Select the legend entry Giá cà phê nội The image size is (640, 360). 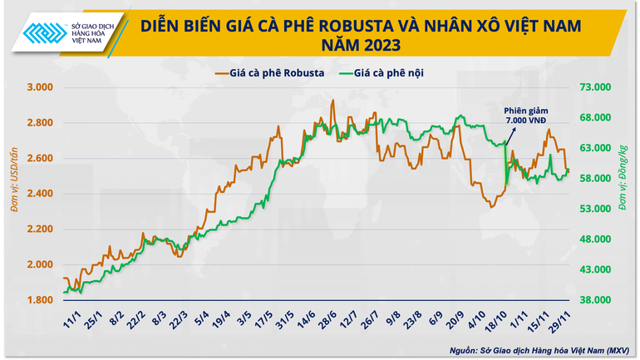(393, 72)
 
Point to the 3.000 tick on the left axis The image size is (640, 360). (40, 87)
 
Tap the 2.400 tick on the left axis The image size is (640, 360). (40, 194)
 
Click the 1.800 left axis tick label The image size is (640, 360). (40, 300)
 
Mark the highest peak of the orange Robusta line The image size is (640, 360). (333, 101)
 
